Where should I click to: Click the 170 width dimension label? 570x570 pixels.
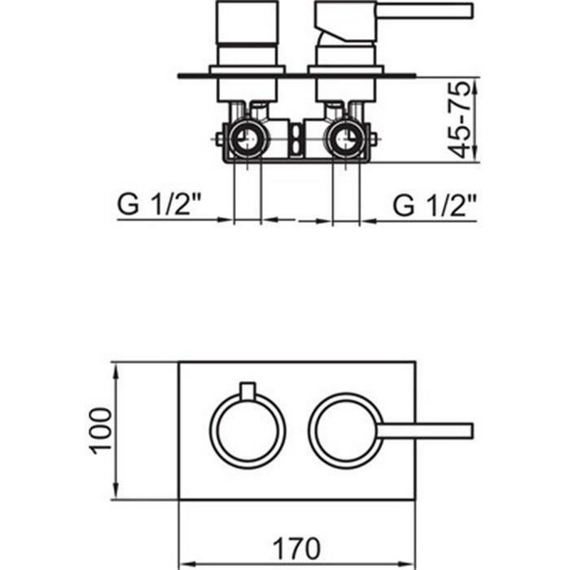point(296,549)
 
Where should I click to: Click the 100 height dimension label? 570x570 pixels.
point(100,431)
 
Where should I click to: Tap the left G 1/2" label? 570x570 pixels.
point(159,205)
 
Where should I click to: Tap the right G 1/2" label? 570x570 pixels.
point(435,205)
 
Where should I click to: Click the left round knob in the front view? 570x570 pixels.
point(247,431)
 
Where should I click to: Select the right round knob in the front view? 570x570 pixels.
point(346,430)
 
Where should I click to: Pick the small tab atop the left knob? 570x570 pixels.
point(247,390)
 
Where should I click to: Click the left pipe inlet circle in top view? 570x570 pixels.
point(247,139)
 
